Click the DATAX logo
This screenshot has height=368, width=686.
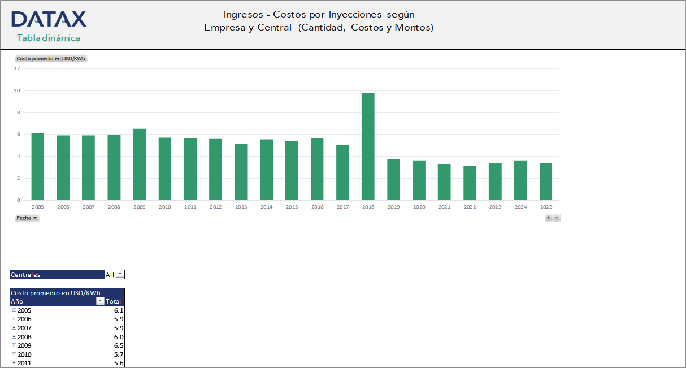click(49, 19)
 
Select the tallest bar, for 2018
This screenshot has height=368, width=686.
click(368, 146)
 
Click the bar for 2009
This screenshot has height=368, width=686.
click(139, 164)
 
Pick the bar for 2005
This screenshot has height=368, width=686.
click(38, 167)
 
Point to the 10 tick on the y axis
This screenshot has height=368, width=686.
click(17, 90)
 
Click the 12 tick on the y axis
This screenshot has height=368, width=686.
click(17, 68)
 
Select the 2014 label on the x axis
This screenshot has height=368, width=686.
click(266, 207)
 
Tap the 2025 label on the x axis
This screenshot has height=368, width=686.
click(546, 207)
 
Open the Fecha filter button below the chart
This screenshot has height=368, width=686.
click(27, 218)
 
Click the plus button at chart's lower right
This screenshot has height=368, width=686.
click(548, 218)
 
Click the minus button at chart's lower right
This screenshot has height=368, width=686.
click(557, 218)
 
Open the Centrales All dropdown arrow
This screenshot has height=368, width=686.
click(119, 275)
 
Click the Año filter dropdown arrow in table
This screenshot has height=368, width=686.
click(100, 301)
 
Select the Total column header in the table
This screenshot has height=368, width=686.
click(114, 301)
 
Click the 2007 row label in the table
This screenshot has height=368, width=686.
click(24, 328)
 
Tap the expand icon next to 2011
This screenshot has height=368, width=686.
click(14, 363)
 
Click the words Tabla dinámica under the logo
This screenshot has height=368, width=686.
click(49, 38)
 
